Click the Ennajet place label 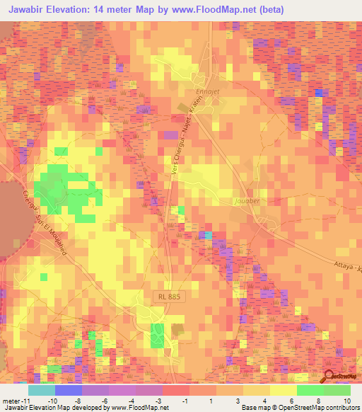click(x=209, y=91)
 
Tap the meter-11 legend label click(x=15, y=399)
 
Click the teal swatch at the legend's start click(x=42, y=390)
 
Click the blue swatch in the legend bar click(x=69, y=390)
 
